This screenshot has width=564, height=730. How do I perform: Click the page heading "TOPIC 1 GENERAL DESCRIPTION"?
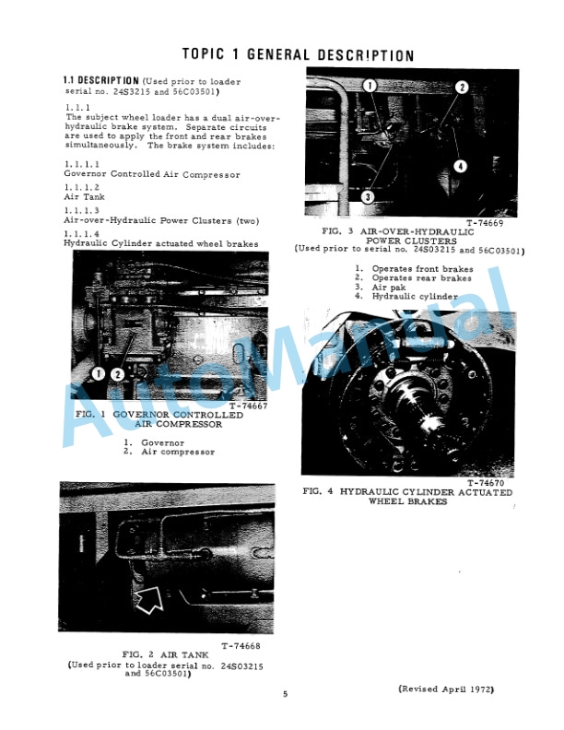pos(297,55)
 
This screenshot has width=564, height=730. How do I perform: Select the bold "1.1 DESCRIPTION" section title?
pos(101,81)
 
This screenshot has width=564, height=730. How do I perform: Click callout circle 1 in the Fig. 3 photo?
pos(370,86)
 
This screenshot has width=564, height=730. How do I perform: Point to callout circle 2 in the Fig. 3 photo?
pos(461,88)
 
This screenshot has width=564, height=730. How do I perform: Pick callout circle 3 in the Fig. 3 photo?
pos(366,196)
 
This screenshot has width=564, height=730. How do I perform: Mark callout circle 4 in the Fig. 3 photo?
pos(460,166)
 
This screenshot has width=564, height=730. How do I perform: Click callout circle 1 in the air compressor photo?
pos(100,373)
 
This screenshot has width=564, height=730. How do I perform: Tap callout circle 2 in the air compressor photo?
pos(117,373)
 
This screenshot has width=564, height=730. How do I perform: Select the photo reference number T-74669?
pos(484,223)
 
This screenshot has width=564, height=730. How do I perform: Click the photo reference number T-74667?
pos(246,406)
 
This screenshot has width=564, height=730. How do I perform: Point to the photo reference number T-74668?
pos(241,645)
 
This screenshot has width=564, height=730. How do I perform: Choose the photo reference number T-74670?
pos(486,482)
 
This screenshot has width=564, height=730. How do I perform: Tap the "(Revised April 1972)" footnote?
pos(446,689)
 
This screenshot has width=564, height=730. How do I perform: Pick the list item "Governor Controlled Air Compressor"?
pos(151,174)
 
